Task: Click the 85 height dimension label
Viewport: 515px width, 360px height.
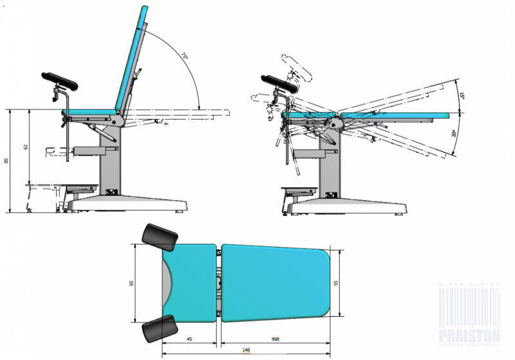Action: tap(6, 160)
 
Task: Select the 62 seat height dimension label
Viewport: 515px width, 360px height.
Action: tap(26, 146)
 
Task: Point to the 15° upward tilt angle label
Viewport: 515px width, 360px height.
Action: tap(463, 97)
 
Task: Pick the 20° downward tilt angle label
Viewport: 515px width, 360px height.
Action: tap(454, 133)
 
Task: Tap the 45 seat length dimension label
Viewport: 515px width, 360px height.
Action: tap(191, 339)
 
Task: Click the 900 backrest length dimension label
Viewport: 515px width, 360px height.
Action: tap(275, 339)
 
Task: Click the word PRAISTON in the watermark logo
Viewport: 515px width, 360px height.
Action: tap(469, 335)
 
